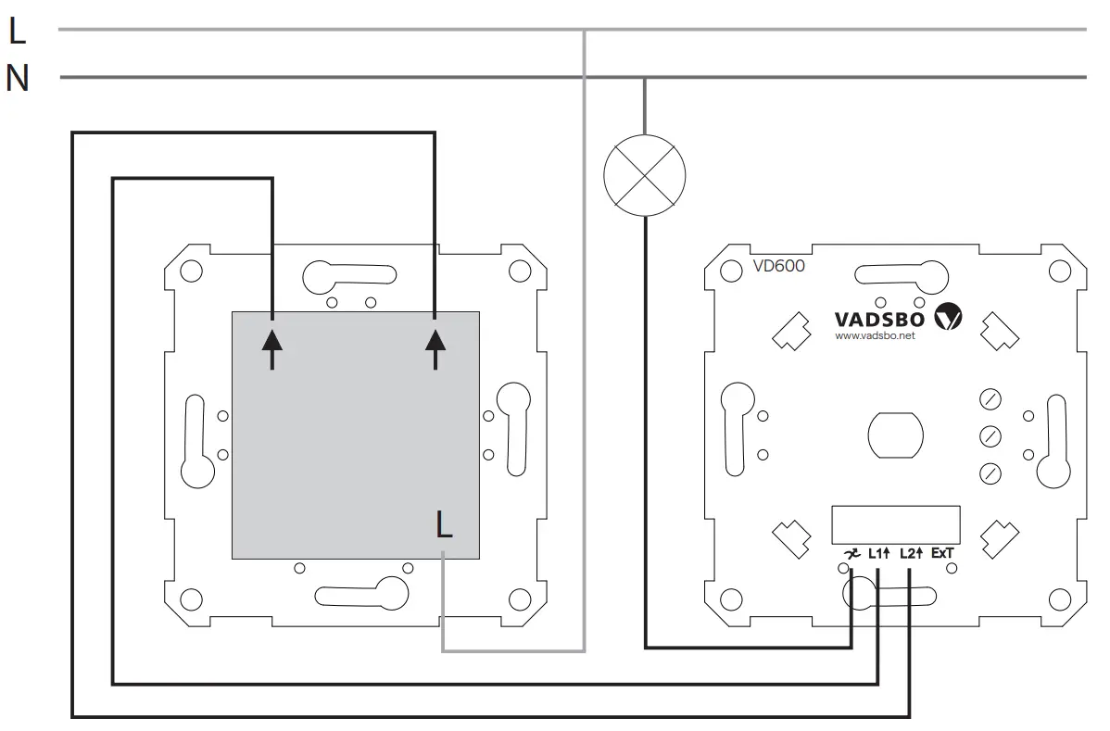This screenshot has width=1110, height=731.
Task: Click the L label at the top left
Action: [18, 32]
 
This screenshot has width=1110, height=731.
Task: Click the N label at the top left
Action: [18, 80]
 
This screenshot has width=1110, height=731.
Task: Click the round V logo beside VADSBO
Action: [949, 318]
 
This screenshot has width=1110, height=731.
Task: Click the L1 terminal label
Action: [878, 554]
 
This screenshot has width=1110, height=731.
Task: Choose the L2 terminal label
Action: [911, 554]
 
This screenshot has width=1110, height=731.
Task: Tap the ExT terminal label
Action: [942, 554]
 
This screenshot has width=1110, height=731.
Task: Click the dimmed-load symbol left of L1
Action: [849, 554]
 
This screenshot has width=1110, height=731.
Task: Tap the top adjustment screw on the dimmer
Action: [990, 400]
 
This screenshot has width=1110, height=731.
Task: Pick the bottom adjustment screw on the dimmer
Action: [990, 473]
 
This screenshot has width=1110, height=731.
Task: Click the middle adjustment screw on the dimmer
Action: [990, 436]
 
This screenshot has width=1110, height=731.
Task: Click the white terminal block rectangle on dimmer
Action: [895, 524]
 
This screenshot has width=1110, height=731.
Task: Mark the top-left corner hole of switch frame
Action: [191, 271]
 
